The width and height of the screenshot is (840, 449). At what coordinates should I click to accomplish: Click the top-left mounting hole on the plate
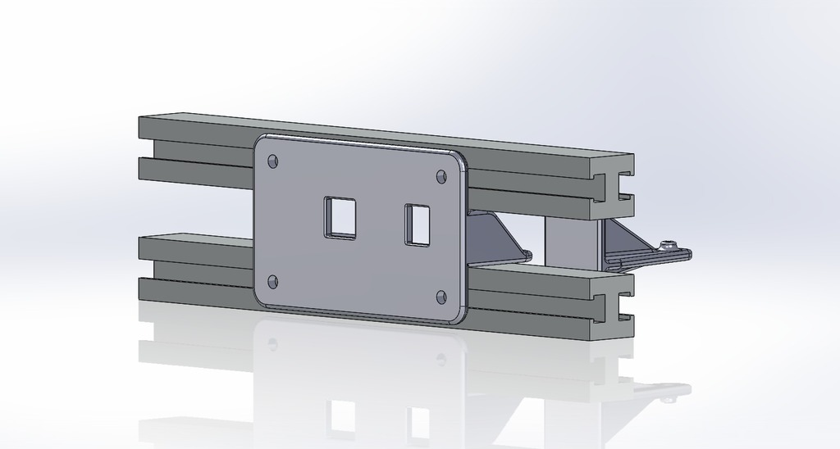coord(273,161)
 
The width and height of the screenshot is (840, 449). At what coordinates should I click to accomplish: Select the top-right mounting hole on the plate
coord(441,176)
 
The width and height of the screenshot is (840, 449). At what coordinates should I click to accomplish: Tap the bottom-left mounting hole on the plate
coord(273,282)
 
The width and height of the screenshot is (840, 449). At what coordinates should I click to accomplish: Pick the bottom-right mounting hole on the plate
coord(441,296)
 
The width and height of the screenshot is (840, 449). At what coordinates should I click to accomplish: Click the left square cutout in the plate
coord(340,217)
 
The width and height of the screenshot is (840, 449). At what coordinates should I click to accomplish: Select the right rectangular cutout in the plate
coord(418,224)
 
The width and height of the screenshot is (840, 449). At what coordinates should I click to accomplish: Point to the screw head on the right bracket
coord(670,243)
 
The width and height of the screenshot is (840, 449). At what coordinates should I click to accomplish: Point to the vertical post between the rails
coord(567,242)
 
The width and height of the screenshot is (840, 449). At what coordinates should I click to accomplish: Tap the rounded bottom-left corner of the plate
coord(262,299)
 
